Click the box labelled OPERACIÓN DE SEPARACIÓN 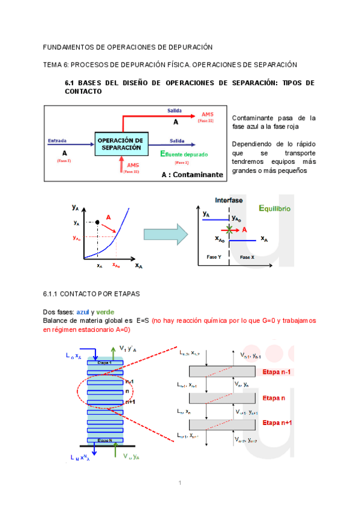pos(121,143)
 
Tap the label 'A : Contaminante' pos(191,175)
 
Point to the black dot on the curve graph pos(97,223)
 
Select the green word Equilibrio pos(274,208)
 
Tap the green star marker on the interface pos(229,229)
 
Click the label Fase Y pos(215,256)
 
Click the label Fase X pos(247,256)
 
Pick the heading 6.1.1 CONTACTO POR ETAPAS pos(91,295)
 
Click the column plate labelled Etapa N pos(106,440)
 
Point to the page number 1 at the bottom pos(179,484)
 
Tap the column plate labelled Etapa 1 pos(106,363)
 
